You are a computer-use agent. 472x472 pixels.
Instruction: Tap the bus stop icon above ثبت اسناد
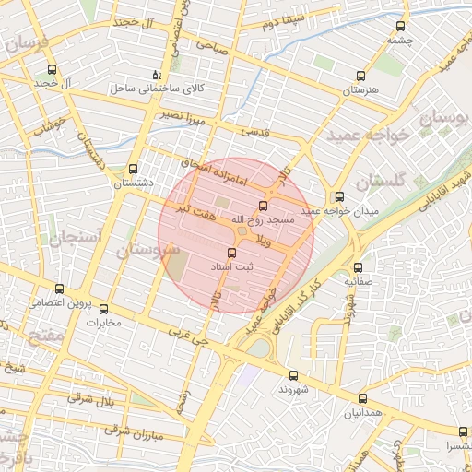(x=230, y=251)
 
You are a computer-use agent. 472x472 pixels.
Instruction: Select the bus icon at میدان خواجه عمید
(x=339, y=195)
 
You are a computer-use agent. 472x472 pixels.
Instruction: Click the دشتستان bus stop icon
(x=134, y=169)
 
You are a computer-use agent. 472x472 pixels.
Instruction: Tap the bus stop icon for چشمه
(x=399, y=26)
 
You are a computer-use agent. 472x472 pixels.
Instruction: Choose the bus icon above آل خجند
(x=51, y=68)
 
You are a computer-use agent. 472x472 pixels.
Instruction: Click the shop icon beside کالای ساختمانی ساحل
(x=156, y=75)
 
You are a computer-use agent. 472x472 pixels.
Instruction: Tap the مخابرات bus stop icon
(x=103, y=310)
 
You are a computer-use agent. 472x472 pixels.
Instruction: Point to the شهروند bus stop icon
(x=293, y=375)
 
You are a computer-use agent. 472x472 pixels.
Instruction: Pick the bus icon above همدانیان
(x=361, y=398)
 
